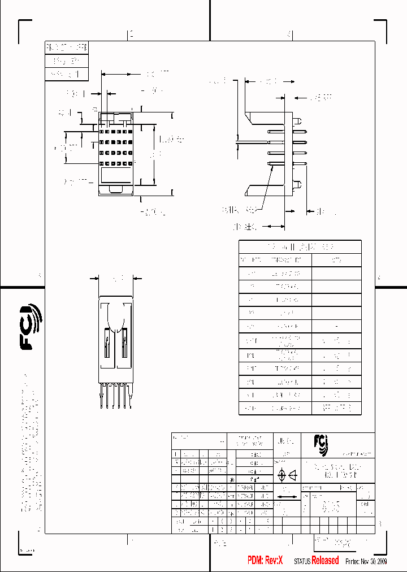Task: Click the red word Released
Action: (325, 560)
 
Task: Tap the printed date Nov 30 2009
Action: (374, 561)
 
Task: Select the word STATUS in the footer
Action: (302, 561)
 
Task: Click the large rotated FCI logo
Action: (32, 327)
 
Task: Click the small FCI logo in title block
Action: (325, 444)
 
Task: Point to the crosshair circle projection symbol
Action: (282, 476)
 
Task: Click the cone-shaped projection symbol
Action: (293, 476)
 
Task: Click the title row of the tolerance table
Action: (300, 247)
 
